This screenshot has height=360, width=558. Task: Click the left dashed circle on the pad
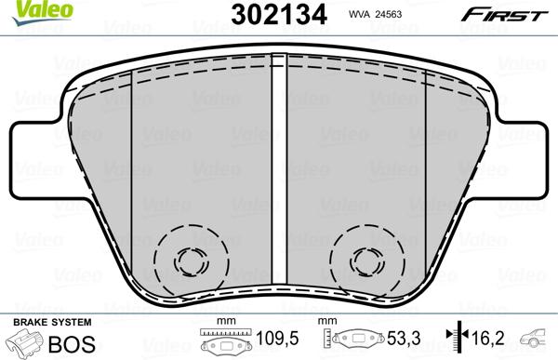coord(190,260)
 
